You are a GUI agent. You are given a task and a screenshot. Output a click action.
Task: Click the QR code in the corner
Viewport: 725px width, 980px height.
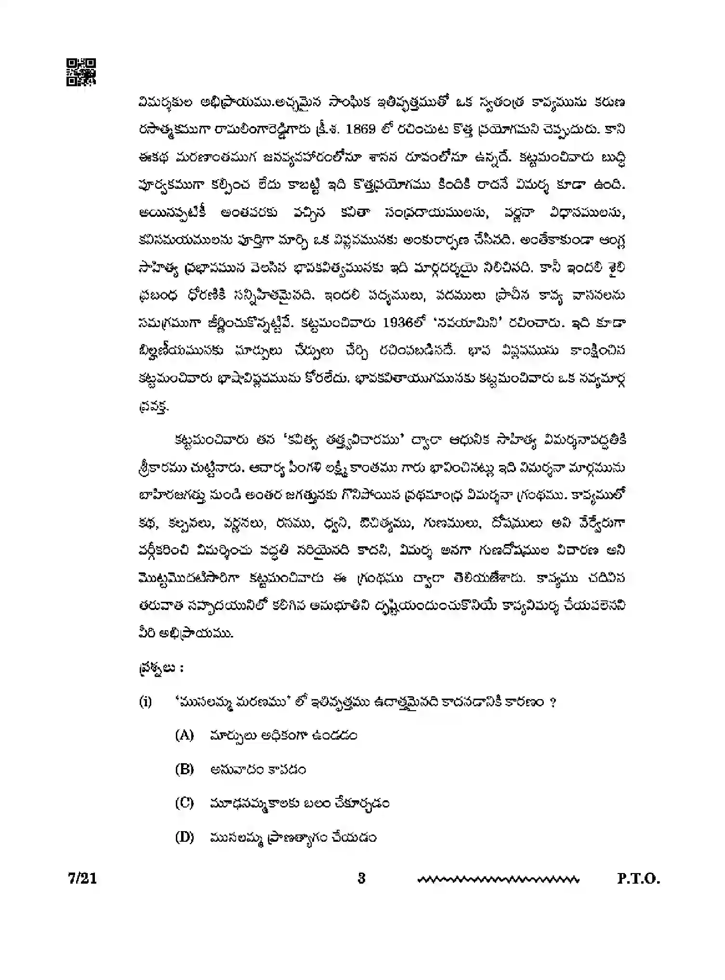81,72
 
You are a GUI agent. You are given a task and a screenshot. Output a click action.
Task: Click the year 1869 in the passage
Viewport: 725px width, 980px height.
362,130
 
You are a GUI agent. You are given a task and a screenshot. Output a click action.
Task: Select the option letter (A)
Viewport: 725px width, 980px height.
184,736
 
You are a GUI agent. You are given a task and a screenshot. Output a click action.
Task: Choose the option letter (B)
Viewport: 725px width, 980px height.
184,769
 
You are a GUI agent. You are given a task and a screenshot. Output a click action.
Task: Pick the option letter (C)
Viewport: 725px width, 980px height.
184,803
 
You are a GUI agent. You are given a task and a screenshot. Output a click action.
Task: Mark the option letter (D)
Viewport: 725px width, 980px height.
184,837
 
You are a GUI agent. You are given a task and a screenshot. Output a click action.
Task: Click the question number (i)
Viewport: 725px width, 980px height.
145,702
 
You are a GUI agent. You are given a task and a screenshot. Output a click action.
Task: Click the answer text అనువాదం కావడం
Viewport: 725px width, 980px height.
258,769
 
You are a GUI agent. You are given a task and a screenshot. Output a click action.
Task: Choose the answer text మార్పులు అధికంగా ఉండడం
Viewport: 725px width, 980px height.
283,736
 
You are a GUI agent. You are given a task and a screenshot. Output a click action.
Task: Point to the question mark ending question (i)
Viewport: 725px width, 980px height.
553,702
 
